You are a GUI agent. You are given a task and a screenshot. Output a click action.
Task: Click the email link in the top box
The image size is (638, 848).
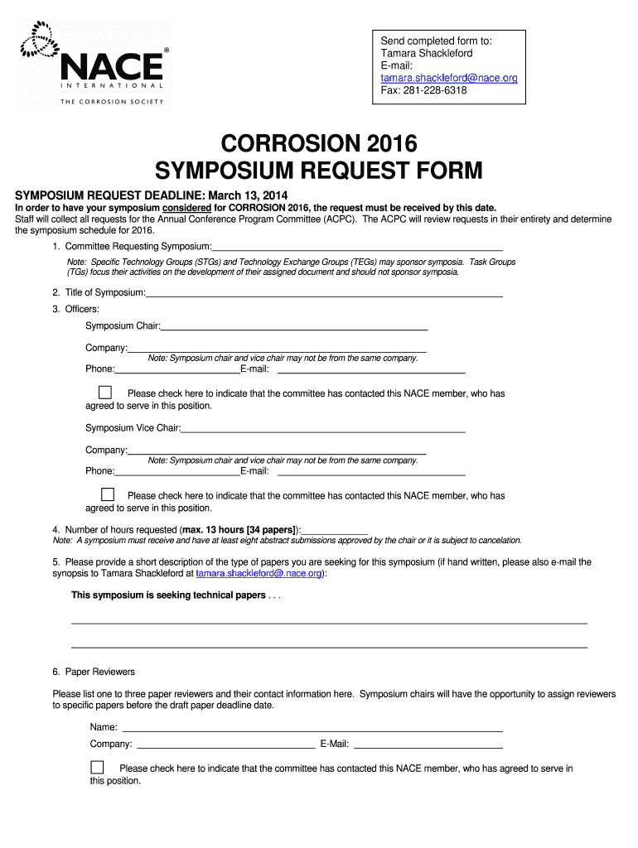click(448, 78)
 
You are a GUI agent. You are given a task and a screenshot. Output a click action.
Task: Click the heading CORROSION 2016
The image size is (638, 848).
click(319, 142)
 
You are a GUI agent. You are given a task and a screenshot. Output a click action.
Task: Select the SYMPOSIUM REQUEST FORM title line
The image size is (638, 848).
click(319, 171)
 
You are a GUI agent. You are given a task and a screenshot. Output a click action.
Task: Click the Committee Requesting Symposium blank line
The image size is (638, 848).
click(357, 246)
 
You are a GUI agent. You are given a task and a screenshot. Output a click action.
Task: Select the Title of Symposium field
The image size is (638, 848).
click(324, 292)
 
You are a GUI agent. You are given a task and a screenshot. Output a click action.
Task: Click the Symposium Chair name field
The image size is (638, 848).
click(294, 326)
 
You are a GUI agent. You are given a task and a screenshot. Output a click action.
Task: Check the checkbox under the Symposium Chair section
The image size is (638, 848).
click(105, 393)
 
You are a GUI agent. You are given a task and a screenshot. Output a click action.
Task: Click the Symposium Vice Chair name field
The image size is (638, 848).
click(322, 428)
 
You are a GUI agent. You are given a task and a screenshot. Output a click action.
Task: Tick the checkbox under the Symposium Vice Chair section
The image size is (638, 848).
click(105, 494)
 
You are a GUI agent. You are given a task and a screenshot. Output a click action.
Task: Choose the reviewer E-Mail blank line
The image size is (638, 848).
click(428, 744)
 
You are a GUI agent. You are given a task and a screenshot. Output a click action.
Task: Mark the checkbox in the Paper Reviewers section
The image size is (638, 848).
click(98, 767)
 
